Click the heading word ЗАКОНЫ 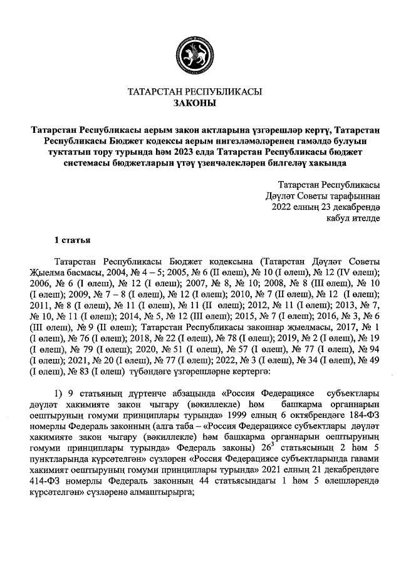194,103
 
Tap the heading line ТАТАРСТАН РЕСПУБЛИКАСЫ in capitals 194,91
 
